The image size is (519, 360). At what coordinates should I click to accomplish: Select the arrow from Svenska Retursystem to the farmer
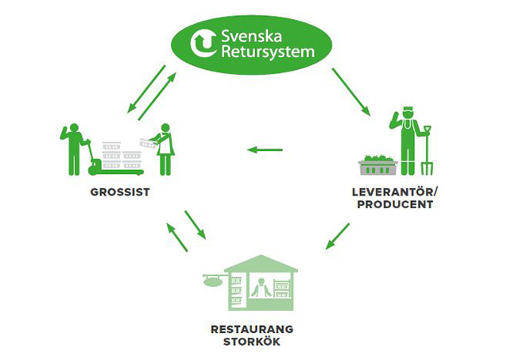[351, 91]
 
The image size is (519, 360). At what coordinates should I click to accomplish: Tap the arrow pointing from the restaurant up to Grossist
[176, 237]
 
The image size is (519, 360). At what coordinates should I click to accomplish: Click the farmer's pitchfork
[427, 150]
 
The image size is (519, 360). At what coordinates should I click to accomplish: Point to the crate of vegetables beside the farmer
[378, 165]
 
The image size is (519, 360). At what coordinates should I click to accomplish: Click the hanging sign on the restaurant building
[213, 280]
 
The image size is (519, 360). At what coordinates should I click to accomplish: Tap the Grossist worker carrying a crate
[165, 147]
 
